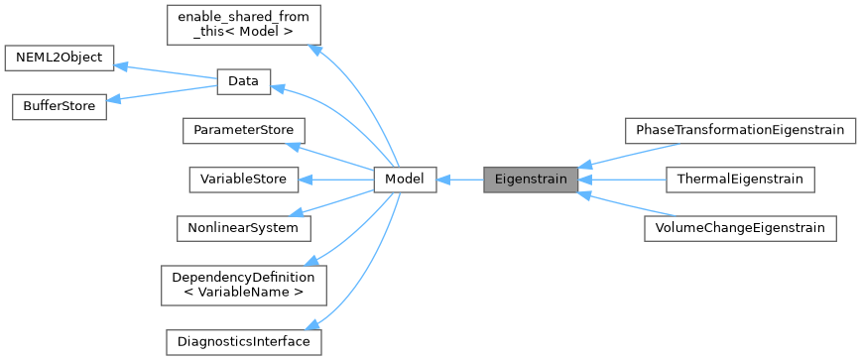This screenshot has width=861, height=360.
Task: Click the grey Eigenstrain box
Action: coord(530,180)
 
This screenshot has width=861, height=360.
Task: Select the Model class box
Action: coord(405,180)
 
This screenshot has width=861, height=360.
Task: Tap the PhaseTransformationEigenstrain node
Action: coord(739,130)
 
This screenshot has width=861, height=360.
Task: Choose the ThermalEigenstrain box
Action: coord(739,180)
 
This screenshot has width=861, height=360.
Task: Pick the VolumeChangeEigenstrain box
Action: coord(739,228)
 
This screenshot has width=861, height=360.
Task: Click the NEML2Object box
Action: coord(59,57)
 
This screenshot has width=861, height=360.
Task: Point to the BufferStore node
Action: coord(59,106)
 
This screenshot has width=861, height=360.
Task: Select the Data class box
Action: coord(243,82)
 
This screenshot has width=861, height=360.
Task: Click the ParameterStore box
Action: coord(243,131)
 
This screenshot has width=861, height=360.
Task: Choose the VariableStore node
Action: coord(243,180)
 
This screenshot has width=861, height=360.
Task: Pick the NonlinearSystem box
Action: coord(243,228)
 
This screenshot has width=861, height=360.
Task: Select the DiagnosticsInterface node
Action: coord(243,341)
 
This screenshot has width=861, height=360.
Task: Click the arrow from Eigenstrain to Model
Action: coord(459,180)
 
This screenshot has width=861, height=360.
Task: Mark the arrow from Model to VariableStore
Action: coord(337,180)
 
